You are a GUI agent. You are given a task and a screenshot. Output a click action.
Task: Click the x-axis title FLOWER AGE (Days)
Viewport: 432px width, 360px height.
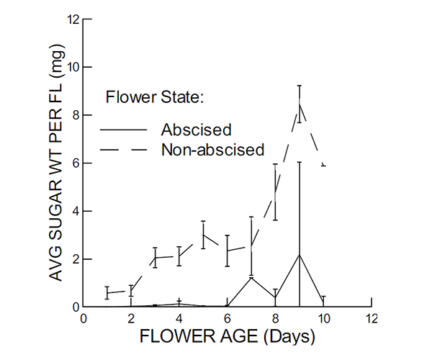pyautogui.click(x=227, y=337)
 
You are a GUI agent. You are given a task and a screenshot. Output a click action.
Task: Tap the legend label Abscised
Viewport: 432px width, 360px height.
pyautogui.click(x=196, y=130)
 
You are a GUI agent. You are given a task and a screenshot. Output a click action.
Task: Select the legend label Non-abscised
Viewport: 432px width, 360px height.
pyautogui.click(x=213, y=150)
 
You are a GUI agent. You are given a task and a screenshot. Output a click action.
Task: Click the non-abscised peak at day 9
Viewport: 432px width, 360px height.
pyautogui.click(x=299, y=104)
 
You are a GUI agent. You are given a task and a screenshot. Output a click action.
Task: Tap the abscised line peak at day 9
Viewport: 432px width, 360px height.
pyautogui.click(x=299, y=255)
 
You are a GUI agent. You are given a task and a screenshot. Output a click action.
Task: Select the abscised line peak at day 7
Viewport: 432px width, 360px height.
pyautogui.click(x=251, y=277)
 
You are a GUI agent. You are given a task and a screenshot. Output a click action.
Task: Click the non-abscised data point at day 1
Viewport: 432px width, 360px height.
pyautogui.click(x=107, y=292)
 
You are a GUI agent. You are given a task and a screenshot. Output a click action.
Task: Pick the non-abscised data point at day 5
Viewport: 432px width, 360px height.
pyautogui.click(x=203, y=235)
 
